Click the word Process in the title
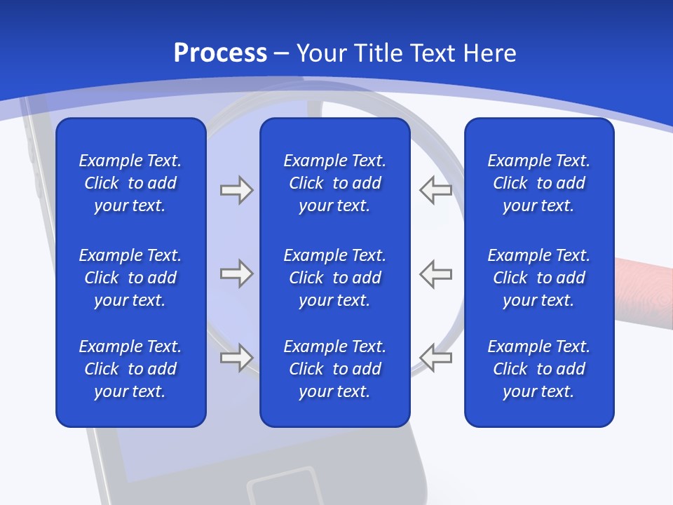tap(220, 53)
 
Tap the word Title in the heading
tap(379, 53)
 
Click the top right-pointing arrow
tap(236, 190)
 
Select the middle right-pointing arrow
tap(236, 274)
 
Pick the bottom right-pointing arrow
tap(236, 358)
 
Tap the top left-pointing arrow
tap(435, 190)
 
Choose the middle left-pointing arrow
tap(435, 274)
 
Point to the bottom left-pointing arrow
tap(435, 358)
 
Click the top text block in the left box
tap(130, 183)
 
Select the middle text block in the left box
tap(130, 278)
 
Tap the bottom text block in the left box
tap(130, 369)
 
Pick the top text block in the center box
tap(334, 183)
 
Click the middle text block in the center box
tap(334, 278)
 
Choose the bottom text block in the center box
tap(334, 369)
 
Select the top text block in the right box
tap(538, 183)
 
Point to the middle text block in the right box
tap(538, 278)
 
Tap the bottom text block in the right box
tap(538, 369)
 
